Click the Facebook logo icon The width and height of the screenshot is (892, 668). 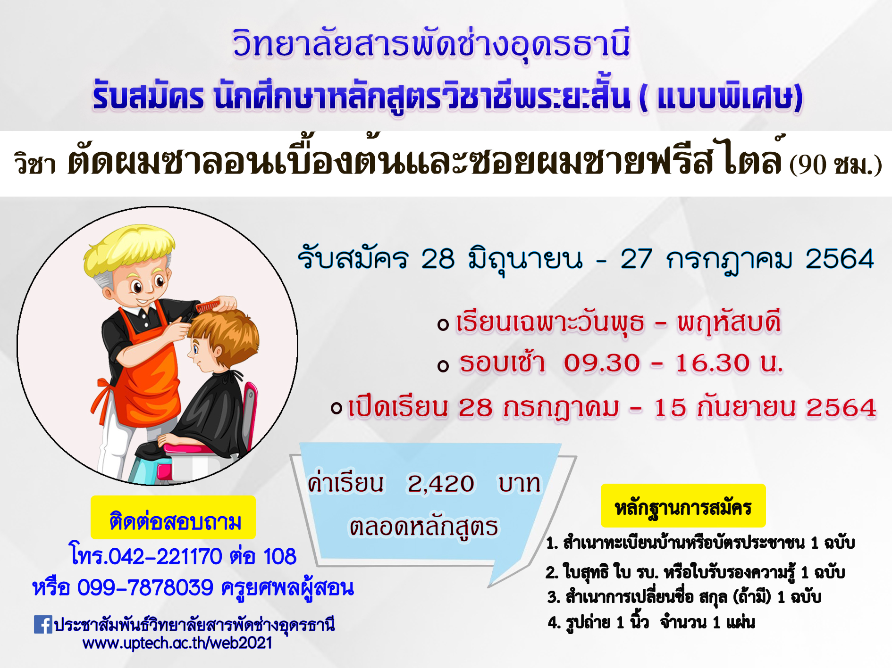43,625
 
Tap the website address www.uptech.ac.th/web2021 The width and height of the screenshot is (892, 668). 177,643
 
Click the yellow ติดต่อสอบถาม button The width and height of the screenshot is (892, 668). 173,517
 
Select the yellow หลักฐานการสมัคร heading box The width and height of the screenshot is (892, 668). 683,506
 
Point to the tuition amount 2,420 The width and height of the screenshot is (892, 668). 441,484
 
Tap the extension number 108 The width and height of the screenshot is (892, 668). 279,557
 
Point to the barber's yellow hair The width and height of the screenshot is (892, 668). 128,249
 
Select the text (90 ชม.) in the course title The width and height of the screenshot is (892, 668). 835,165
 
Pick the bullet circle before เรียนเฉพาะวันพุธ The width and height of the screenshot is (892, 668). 443,324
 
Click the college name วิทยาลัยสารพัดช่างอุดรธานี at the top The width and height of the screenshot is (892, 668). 431,44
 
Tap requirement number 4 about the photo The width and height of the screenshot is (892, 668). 651,622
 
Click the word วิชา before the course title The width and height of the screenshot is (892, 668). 35,164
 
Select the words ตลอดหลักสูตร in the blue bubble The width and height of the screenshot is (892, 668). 423,527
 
